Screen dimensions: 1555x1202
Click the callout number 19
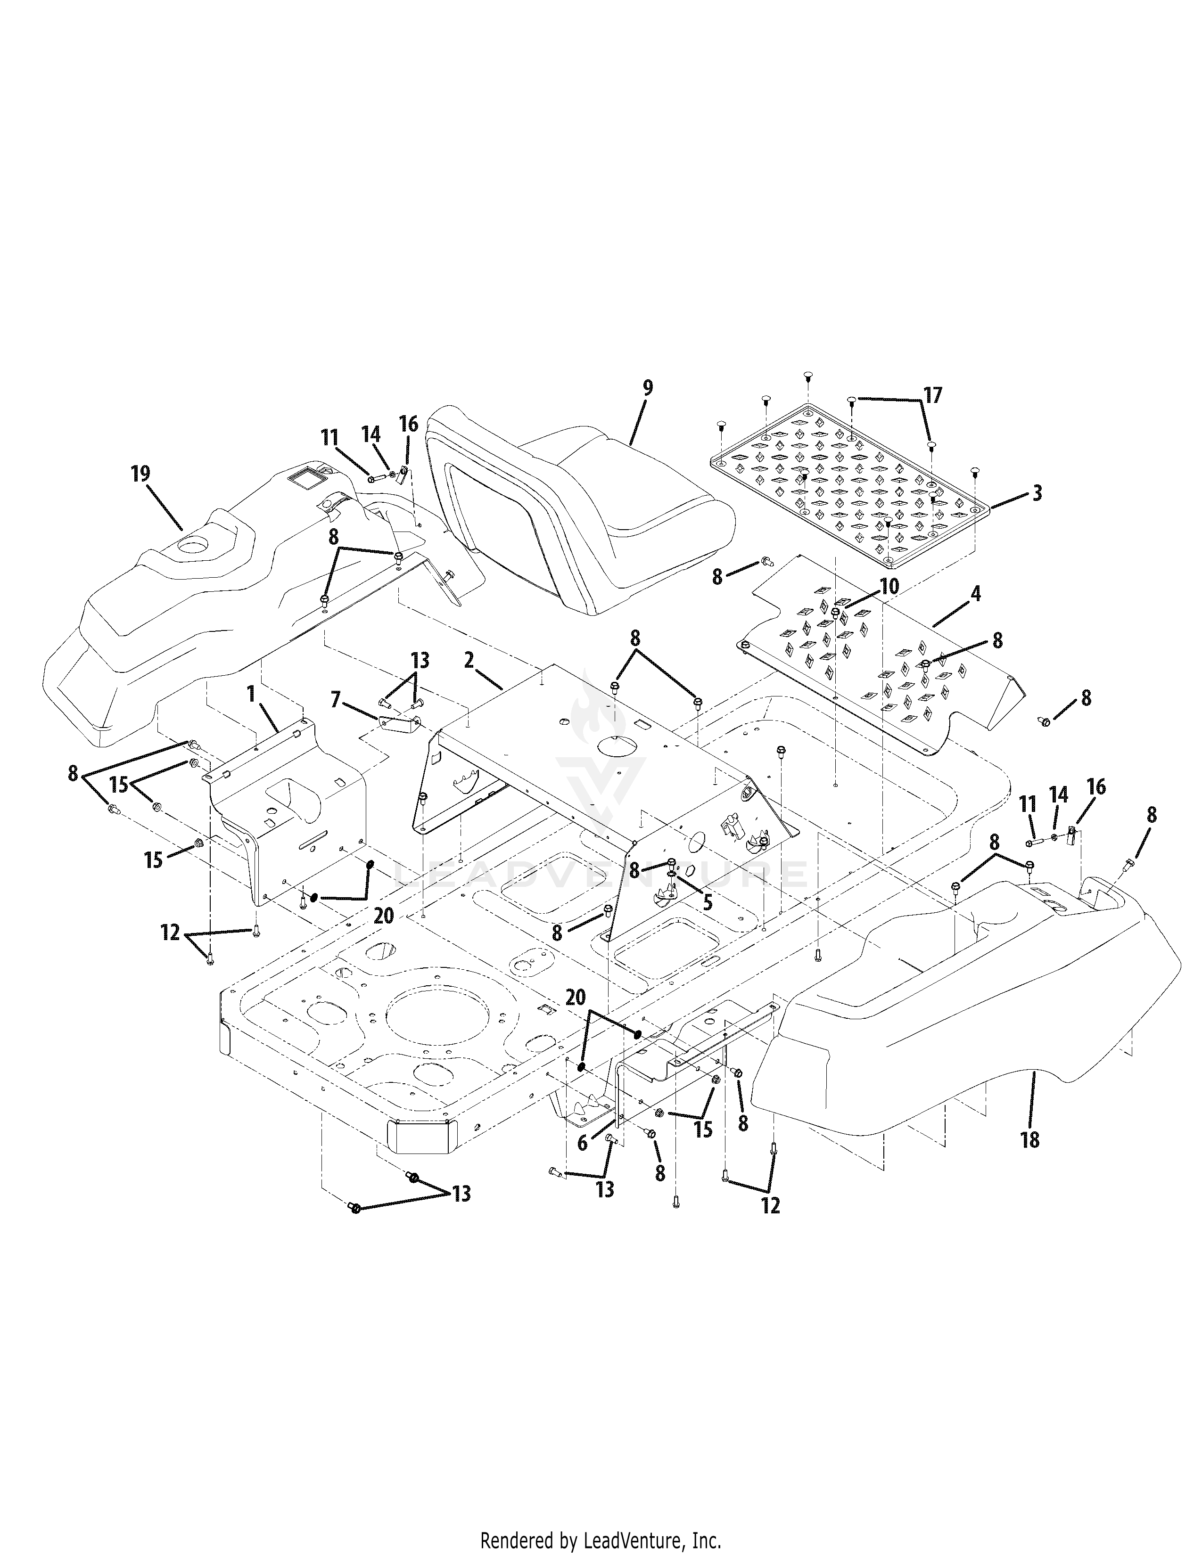pyautogui.click(x=141, y=475)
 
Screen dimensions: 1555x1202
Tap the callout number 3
pyautogui.click(x=1037, y=493)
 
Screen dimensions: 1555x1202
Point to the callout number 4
pyautogui.click(x=976, y=593)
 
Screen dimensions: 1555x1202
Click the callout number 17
pyautogui.click(x=933, y=395)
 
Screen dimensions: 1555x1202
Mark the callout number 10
pyautogui.click(x=889, y=586)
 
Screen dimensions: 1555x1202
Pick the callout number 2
pyautogui.click(x=468, y=660)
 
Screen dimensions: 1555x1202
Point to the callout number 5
pyautogui.click(x=707, y=902)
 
